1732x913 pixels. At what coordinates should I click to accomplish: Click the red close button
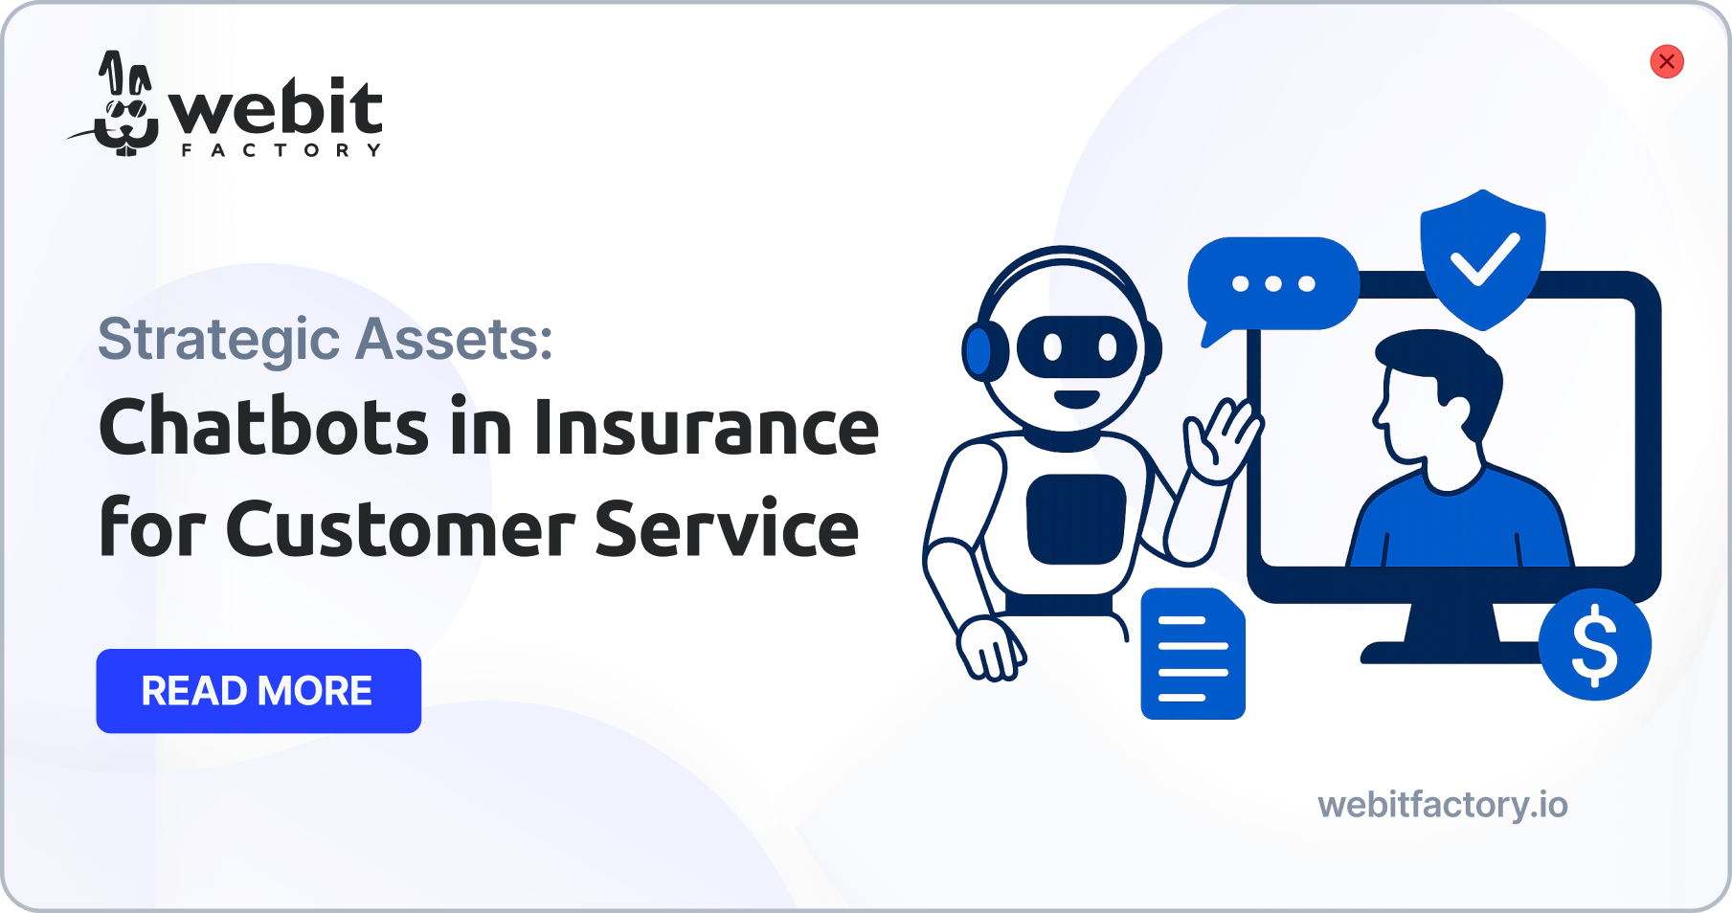(1666, 61)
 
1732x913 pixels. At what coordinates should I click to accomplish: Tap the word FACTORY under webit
(281, 150)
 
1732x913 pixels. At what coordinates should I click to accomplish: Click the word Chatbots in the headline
(264, 427)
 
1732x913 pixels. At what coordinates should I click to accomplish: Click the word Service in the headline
(727, 528)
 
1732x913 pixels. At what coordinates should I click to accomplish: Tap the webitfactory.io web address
(1443, 805)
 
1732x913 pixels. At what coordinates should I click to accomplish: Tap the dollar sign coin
(1595, 644)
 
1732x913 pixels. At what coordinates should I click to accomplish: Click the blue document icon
(1193, 654)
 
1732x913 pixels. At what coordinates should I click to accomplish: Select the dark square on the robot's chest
(1076, 519)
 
